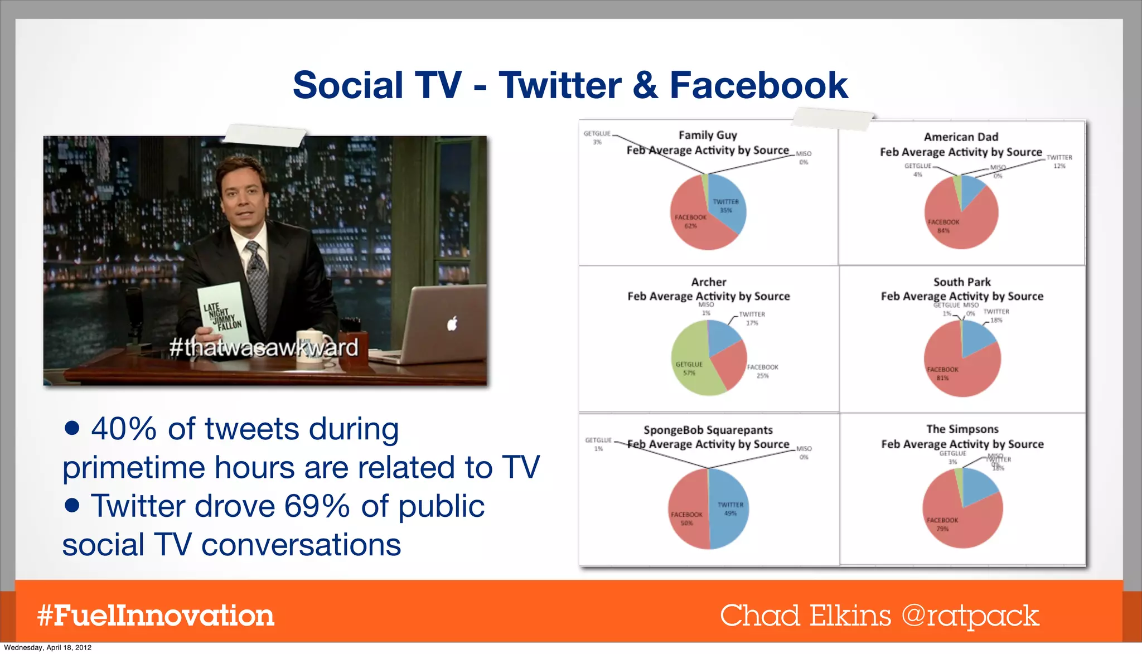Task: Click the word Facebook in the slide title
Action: pyautogui.click(x=758, y=85)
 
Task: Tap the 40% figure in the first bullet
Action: pyautogui.click(x=124, y=429)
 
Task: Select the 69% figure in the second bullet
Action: pyautogui.click(x=316, y=506)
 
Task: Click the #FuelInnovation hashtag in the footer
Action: pyautogui.click(x=156, y=616)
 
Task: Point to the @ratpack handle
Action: pyautogui.click(x=970, y=616)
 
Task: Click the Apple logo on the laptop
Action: pyautogui.click(x=452, y=323)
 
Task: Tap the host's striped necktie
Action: pyautogui.click(x=257, y=273)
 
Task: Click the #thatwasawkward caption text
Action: pyautogui.click(x=263, y=348)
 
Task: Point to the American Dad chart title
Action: pyautogui.click(x=961, y=137)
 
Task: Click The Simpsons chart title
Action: pyautogui.click(x=962, y=429)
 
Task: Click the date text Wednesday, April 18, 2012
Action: pyautogui.click(x=47, y=647)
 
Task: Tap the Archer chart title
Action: pyautogui.click(x=708, y=282)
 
